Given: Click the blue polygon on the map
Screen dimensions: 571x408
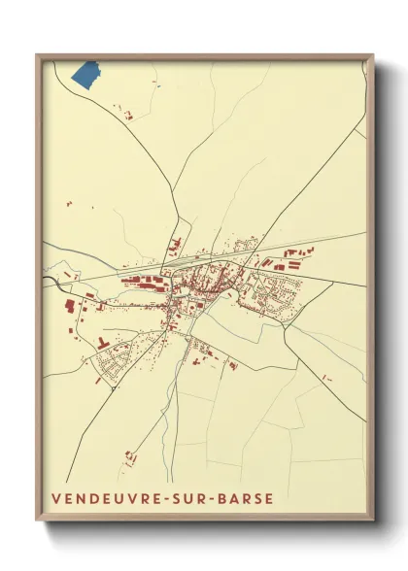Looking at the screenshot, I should tap(86, 75).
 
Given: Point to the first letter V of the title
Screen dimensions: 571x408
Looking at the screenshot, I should tap(57, 500).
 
